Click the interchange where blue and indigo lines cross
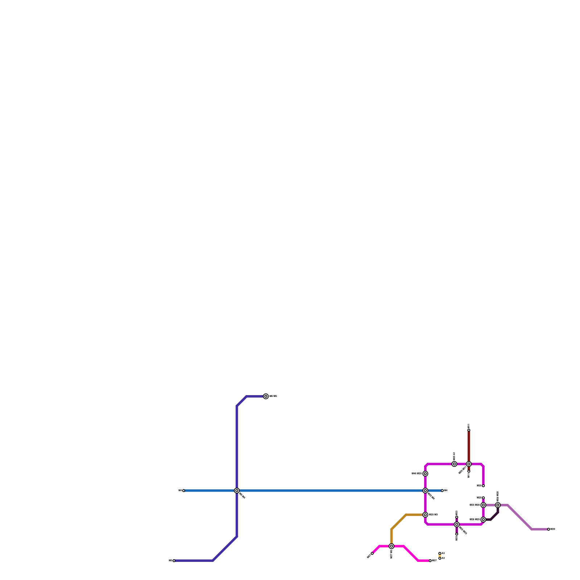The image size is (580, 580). (x=237, y=490)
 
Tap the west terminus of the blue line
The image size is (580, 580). (x=183, y=490)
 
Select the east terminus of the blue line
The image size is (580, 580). (x=442, y=490)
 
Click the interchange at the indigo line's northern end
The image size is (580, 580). (x=266, y=396)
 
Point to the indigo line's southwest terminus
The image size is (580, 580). (x=174, y=560)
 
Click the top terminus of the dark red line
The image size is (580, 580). (x=469, y=430)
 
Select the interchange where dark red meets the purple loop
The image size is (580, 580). (x=469, y=464)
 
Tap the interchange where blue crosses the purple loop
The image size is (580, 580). (x=425, y=490)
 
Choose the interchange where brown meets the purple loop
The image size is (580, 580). (x=425, y=515)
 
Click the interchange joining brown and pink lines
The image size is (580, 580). (x=391, y=546)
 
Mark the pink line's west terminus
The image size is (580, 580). (x=372, y=553)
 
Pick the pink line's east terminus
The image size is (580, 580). (x=430, y=560)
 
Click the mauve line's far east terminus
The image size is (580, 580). (x=548, y=529)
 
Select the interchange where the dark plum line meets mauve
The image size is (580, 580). (x=498, y=505)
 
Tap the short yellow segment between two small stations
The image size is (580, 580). (x=440, y=556)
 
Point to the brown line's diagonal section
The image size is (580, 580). (x=399, y=522)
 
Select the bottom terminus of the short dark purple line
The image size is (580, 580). (x=457, y=534)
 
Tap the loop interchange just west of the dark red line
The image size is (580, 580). (x=454, y=464)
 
